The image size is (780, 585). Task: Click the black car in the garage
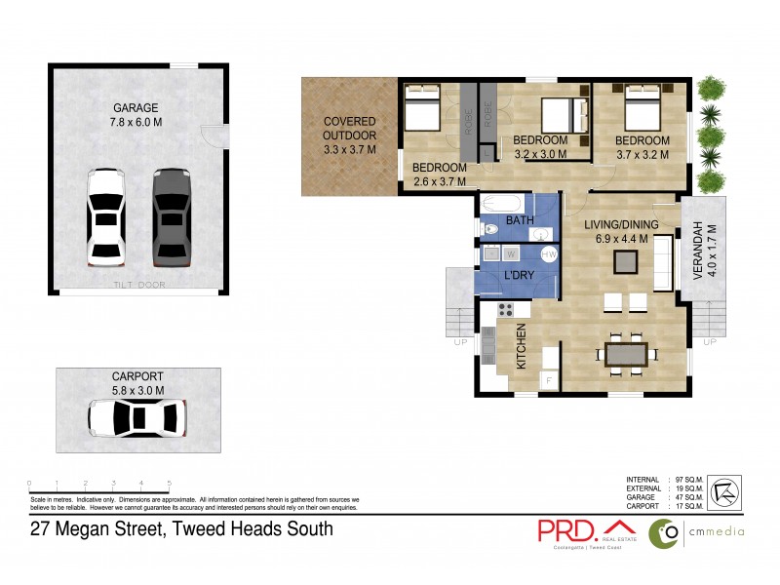pyautogui.click(x=170, y=215)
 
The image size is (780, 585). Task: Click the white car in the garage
pyautogui.click(x=105, y=216)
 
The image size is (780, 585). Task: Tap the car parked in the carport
pyautogui.click(x=136, y=418)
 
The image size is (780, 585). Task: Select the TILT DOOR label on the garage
pyautogui.click(x=138, y=285)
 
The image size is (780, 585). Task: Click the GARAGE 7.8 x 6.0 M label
pyautogui.click(x=136, y=115)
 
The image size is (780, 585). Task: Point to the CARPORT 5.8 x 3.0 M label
pyautogui.click(x=136, y=383)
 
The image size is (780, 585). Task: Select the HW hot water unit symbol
pyautogui.click(x=549, y=254)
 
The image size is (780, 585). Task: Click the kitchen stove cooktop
pyautogui.click(x=506, y=310)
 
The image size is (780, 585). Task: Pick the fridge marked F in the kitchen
pyautogui.click(x=548, y=380)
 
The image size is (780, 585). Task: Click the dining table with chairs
pyautogui.click(x=625, y=354)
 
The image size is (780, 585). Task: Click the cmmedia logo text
pyautogui.click(x=717, y=531)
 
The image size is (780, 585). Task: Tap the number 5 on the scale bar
pyautogui.click(x=170, y=484)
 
